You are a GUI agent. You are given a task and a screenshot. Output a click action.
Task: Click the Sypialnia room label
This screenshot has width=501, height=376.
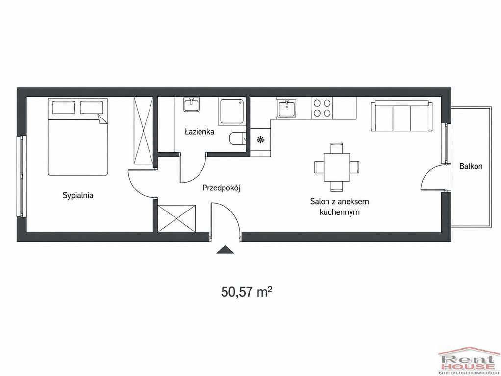point(78,195)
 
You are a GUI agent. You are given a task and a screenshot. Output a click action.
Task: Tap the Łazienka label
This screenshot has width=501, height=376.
point(200,132)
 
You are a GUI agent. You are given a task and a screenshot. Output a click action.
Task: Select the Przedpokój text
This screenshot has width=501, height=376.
point(221,188)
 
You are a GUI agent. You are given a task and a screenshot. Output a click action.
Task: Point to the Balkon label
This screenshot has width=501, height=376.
point(471,166)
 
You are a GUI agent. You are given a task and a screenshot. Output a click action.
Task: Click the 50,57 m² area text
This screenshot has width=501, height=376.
point(247,292)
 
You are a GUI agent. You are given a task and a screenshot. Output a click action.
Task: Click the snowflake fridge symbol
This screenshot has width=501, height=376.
point(261,140)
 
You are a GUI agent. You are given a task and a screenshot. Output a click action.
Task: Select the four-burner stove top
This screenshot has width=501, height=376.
point(322,108)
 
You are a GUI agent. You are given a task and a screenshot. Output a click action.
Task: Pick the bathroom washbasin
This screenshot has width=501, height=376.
point(191,105)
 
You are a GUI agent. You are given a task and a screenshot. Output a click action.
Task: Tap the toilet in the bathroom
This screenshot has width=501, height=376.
point(237,139)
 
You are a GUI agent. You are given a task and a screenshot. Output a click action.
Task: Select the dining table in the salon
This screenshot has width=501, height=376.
point(337,167)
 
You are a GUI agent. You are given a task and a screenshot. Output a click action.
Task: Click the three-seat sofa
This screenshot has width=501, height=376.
point(401,116)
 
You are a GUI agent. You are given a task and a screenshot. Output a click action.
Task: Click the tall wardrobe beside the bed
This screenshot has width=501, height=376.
point(143,131)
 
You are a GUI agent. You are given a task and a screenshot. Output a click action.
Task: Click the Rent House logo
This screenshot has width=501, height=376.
point(468,360)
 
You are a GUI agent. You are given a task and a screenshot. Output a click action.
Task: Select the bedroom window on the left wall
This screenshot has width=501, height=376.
point(21,176)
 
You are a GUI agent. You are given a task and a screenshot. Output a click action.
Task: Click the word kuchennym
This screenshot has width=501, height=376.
point(340,212)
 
